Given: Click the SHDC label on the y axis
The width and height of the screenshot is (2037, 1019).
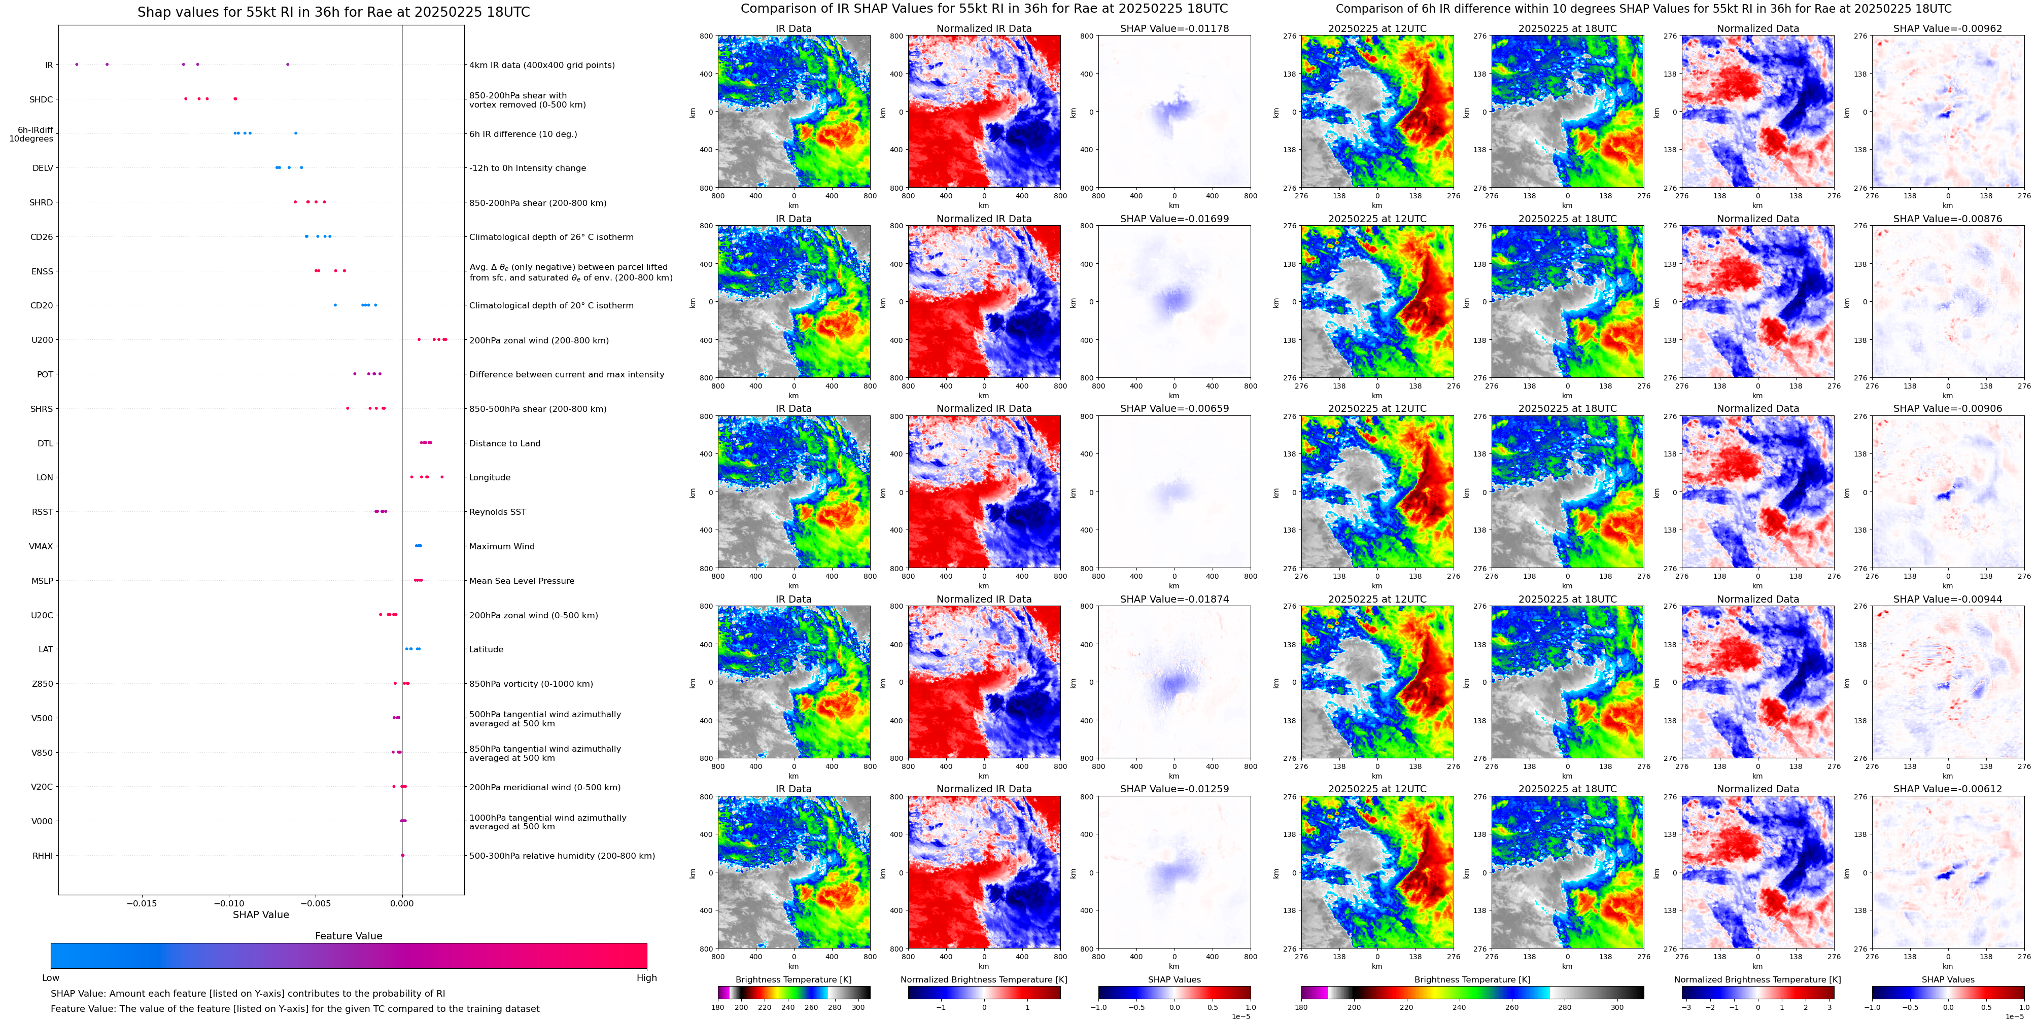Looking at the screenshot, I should pyautogui.click(x=41, y=99).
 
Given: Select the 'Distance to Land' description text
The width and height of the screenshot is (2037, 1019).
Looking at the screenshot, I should pyautogui.click(x=504, y=443).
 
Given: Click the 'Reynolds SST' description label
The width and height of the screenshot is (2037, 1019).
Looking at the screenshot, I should pyautogui.click(x=497, y=512).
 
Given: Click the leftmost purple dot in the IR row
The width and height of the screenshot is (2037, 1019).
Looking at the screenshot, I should pyautogui.click(x=77, y=64).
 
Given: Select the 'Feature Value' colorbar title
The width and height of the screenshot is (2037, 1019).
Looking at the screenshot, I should pyautogui.click(x=348, y=936).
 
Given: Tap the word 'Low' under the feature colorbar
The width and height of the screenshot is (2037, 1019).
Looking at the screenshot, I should pyautogui.click(x=51, y=978).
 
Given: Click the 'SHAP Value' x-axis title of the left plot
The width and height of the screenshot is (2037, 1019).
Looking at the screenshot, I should pyautogui.click(x=260, y=915).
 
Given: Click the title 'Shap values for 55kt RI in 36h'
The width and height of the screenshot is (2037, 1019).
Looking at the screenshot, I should pyautogui.click(x=333, y=12).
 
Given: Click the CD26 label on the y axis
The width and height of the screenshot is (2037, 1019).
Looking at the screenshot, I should pyautogui.click(x=42, y=237).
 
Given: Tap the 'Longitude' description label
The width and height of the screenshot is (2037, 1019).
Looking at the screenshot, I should pyautogui.click(x=490, y=477).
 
